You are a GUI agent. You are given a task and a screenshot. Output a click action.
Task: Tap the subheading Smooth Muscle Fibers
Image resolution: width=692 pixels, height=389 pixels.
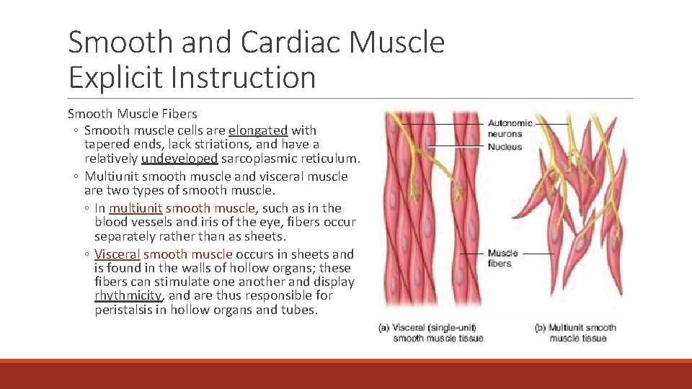click(133, 113)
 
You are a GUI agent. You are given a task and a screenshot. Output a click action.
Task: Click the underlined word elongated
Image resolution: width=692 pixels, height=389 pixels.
click(258, 130)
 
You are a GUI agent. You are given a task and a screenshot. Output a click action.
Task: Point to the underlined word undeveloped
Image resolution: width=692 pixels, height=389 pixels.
click(179, 158)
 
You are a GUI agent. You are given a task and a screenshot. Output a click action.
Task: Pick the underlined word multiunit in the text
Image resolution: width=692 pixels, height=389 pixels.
click(136, 208)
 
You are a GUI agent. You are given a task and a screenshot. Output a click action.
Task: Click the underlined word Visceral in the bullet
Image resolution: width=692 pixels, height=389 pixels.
click(117, 254)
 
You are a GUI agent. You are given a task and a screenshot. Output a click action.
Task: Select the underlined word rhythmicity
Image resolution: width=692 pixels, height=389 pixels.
click(129, 295)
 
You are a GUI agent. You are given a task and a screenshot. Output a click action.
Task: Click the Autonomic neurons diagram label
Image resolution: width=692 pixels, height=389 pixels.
click(510, 128)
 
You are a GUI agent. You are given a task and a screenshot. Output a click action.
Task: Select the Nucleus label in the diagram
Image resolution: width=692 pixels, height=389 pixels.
click(505, 147)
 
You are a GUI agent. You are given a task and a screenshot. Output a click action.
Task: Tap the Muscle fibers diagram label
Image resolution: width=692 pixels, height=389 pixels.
click(502, 258)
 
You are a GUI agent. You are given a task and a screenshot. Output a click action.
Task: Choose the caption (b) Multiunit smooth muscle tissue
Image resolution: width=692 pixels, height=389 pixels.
click(575, 333)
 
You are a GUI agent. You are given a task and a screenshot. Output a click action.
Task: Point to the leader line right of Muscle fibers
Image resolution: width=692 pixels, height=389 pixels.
click(538, 254)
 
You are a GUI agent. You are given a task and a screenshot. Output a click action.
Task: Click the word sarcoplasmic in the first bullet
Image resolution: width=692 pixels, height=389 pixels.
click(256, 158)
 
